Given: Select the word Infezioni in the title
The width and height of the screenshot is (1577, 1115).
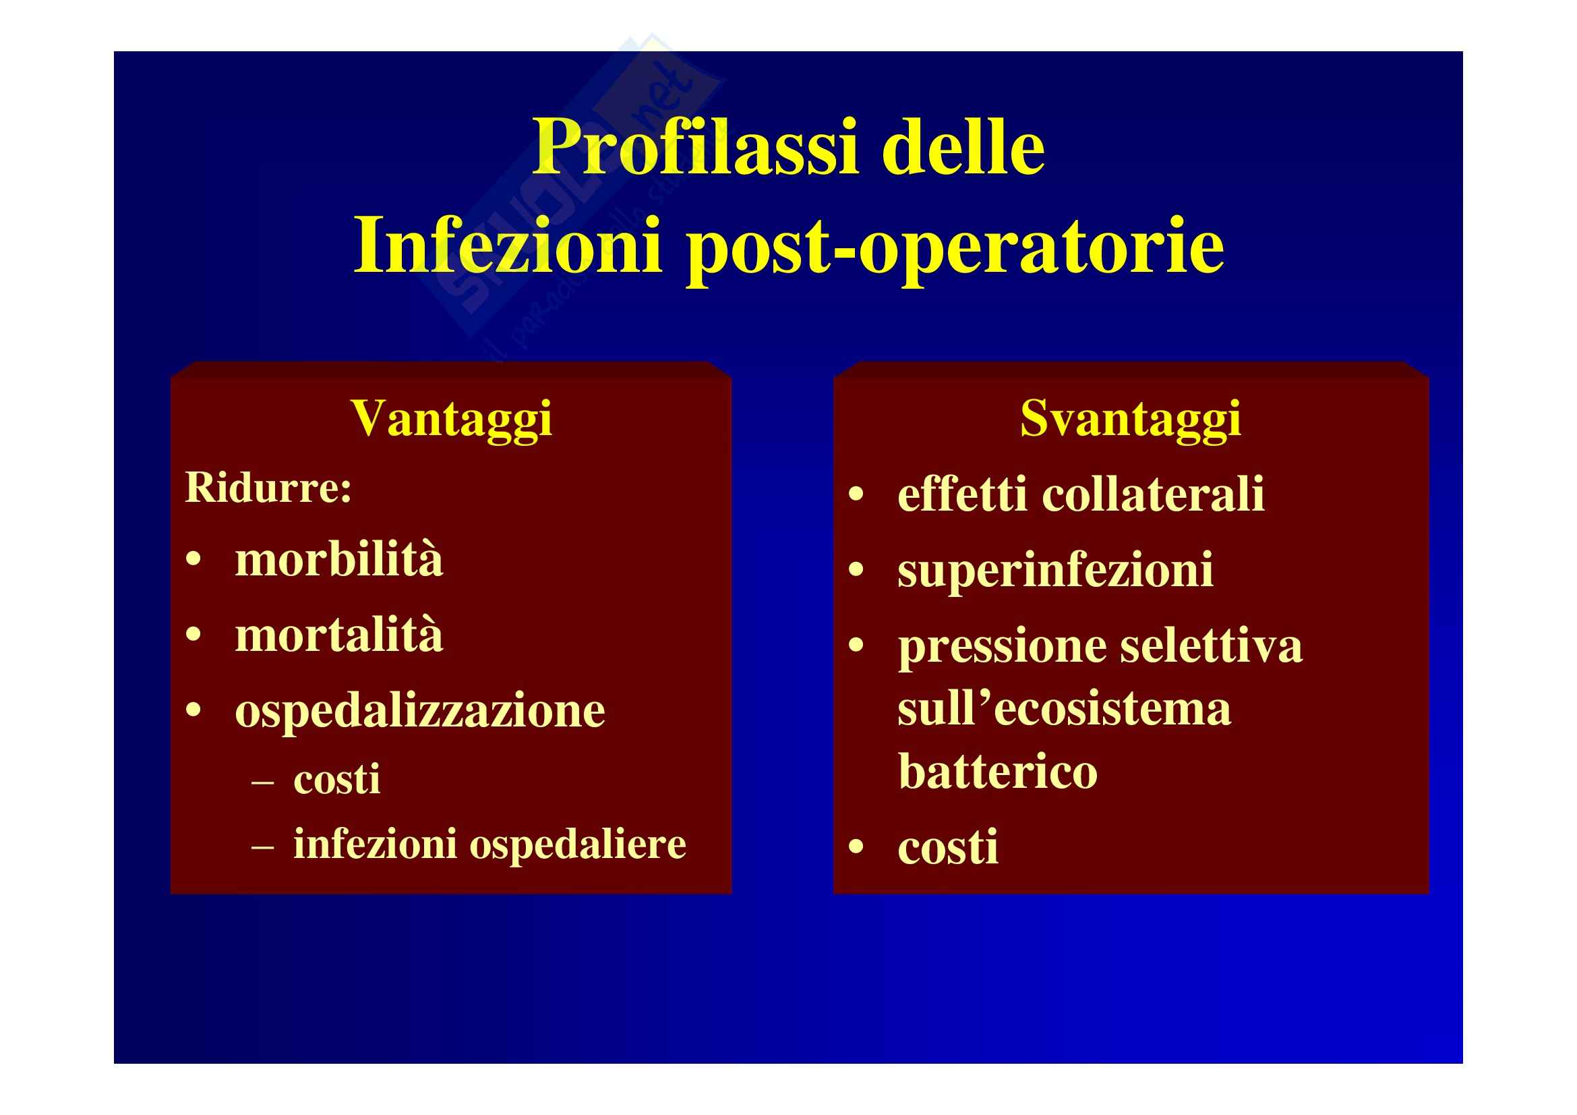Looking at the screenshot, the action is click(508, 245).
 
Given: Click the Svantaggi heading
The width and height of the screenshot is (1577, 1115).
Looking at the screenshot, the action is click(1131, 420).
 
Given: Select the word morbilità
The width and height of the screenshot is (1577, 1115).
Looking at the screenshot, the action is click(339, 559).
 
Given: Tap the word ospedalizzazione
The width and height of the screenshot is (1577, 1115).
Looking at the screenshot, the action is click(420, 712).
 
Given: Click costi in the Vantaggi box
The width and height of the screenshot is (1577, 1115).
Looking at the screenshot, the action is click(336, 779).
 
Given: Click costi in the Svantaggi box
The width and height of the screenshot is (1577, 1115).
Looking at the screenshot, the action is click(948, 847).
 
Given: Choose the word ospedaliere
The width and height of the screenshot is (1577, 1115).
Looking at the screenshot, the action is click(578, 845).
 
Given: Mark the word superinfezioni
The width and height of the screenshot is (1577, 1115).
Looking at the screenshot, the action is click(1056, 571).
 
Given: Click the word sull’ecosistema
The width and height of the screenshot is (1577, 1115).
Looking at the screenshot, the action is click(1065, 709).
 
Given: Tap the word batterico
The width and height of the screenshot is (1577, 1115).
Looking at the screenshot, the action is click(997, 772).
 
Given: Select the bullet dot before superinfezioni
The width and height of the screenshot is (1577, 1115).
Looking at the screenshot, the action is click(856, 570).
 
